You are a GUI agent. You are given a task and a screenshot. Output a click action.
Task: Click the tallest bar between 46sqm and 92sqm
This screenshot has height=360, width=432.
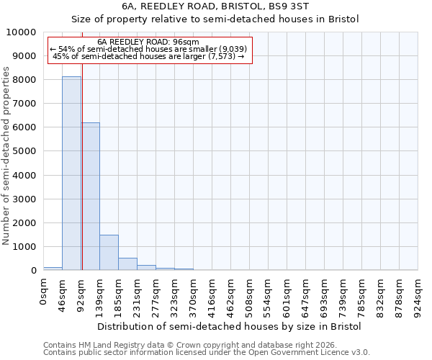coord(71,173)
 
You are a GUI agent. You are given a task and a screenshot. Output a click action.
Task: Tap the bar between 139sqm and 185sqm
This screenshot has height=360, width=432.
coord(109,252)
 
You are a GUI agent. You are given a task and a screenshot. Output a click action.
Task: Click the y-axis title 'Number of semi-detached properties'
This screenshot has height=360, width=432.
coord(6,156)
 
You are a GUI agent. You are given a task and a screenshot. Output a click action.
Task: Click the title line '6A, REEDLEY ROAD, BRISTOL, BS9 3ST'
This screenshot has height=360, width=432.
coord(215,6)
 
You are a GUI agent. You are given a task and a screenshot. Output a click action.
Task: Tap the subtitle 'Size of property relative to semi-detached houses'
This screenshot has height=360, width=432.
coord(215,19)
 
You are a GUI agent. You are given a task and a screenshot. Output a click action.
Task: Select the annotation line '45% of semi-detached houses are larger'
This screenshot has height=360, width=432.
coord(149,56)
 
